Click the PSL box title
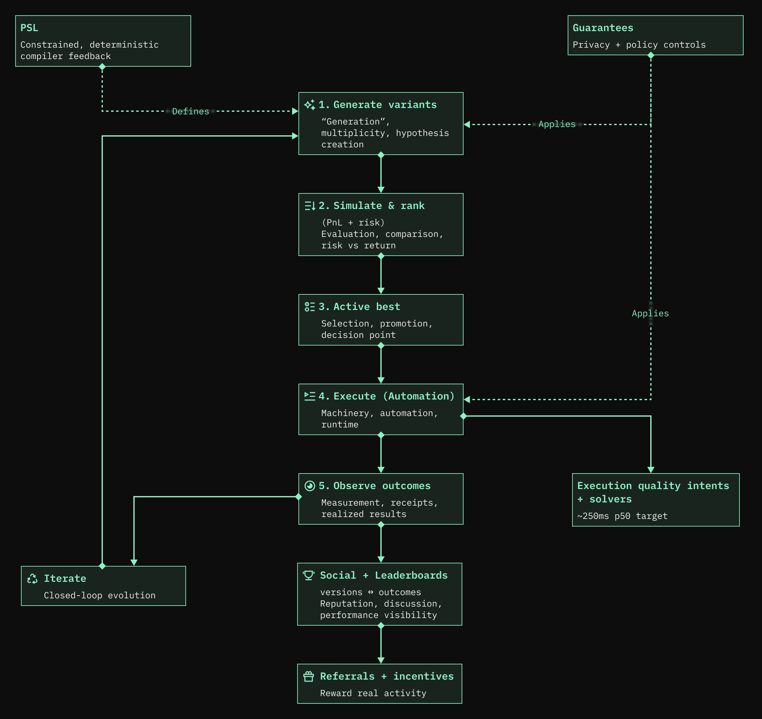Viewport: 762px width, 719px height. tap(29, 28)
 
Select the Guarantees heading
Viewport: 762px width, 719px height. tap(603, 28)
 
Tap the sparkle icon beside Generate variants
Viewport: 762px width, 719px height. tap(309, 105)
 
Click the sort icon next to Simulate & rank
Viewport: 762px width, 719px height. tap(310, 206)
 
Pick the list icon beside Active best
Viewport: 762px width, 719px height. tap(309, 307)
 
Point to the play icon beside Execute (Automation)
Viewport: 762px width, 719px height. tap(309, 396)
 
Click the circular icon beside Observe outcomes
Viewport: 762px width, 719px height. tap(309, 486)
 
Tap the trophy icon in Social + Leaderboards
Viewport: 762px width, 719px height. tap(308, 575)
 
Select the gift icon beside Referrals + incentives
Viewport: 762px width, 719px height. tap(308, 676)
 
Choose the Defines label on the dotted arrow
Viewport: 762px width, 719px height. tap(190, 111)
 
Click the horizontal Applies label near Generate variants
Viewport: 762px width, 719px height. tap(557, 124)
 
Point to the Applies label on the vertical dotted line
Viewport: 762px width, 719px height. tap(650, 314)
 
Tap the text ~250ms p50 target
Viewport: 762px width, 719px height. tap(622, 516)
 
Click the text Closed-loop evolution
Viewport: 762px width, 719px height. tap(100, 595)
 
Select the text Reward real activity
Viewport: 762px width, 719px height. tap(373, 693)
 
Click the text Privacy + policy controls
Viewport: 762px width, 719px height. tap(639, 45)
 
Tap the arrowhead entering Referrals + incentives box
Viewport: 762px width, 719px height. tap(381, 660)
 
